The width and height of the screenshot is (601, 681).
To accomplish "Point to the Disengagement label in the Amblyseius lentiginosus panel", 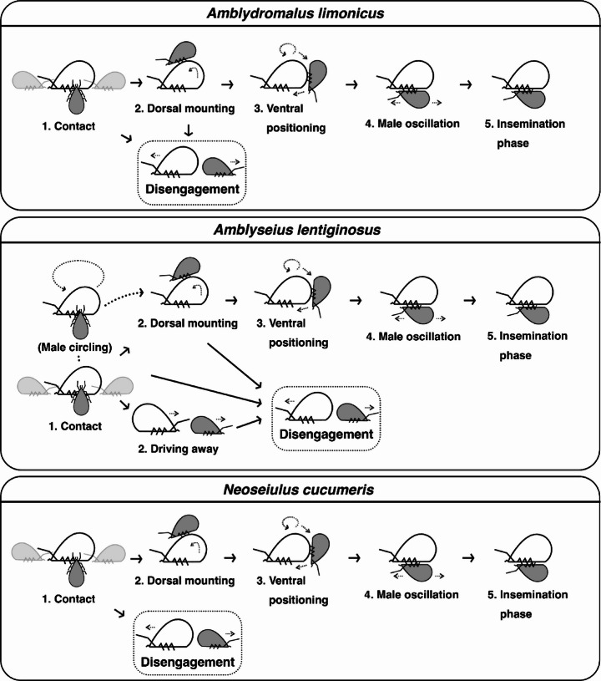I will click(x=326, y=434).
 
